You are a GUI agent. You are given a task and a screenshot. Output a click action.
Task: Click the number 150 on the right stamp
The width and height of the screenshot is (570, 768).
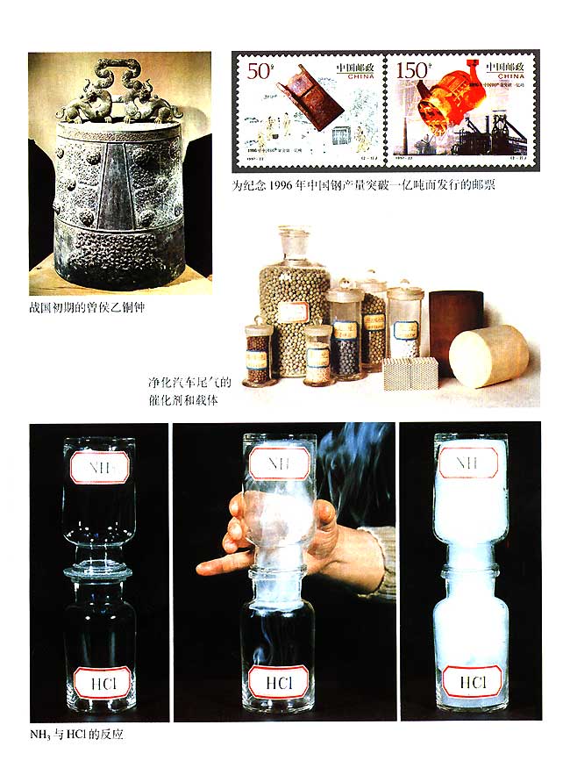pyautogui.click(x=416, y=69)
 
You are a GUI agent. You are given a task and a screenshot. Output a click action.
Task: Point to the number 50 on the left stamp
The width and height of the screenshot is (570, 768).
pyautogui.click(x=260, y=71)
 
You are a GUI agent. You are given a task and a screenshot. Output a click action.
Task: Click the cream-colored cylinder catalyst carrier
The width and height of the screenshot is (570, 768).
pyautogui.click(x=488, y=355)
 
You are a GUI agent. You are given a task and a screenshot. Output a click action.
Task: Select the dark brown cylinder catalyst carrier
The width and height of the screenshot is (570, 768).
pyautogui.click(x=456, y=316)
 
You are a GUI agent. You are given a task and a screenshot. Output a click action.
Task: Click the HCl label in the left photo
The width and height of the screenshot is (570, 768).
pyautogui.click(x=98, y=680)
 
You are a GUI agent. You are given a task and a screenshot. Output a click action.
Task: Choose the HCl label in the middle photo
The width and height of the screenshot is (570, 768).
pyautogui.click(x=276, y=680)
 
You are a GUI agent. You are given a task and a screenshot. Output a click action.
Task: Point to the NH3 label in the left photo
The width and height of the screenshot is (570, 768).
pyautogui.click(x=98, y=466)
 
